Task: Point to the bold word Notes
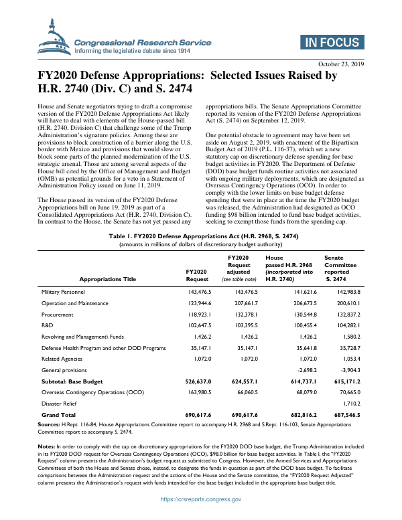(46, 446)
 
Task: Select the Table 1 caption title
(201, 218)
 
